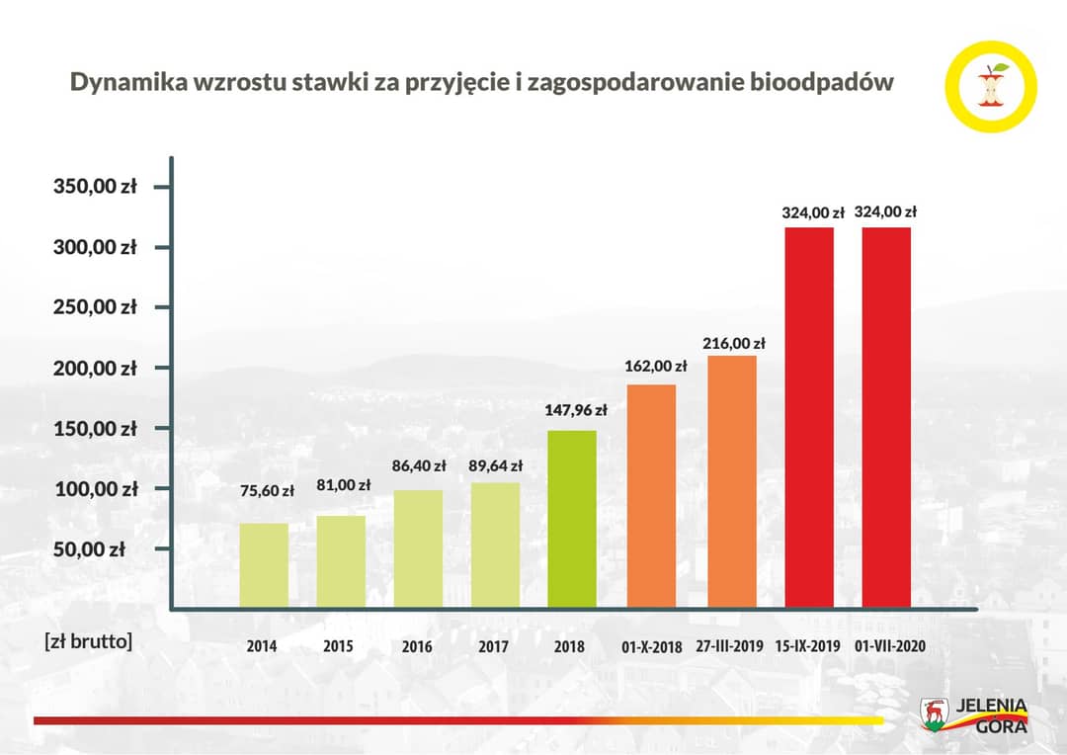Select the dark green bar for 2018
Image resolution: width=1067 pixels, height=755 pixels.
tap(572, 519)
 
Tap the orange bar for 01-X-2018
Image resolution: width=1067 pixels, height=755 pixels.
tap(651, 495)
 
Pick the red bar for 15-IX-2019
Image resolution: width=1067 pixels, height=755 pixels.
tap(809, 417)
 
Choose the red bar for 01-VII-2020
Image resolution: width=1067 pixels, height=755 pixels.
tap(886, 417)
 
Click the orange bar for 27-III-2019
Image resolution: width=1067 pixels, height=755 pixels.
tap(731, 481)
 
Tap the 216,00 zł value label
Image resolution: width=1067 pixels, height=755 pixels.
tap(734, 343)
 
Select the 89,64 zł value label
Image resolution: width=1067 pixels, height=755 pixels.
tap(496, 465)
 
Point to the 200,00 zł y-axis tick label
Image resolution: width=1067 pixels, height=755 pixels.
tap(94, 368)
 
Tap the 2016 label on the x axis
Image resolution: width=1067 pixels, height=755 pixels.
tap(417, 647)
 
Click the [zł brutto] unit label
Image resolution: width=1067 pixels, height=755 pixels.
tap(88, 640)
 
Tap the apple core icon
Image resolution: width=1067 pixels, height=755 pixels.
tap(991, 86)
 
